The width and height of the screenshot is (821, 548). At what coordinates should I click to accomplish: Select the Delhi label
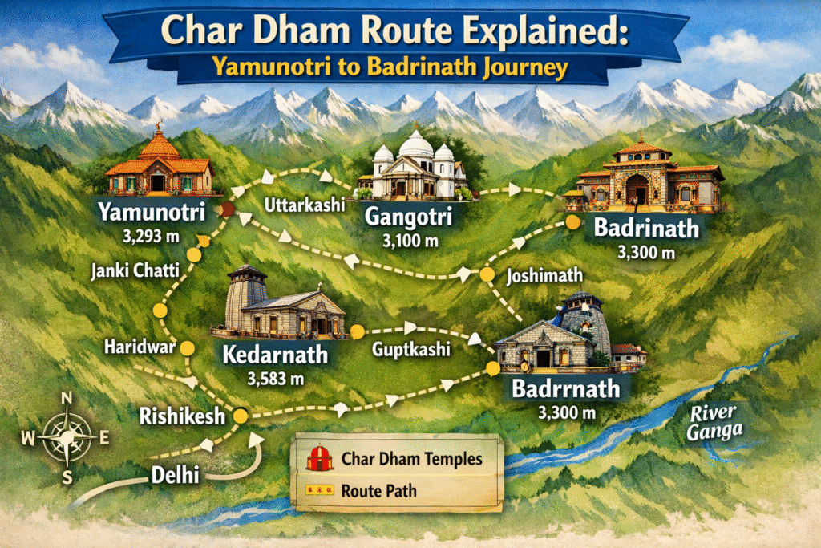point(176,475)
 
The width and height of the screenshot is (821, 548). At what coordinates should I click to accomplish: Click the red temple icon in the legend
point(319,459)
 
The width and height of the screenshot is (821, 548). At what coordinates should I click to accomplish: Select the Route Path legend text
point(379,490)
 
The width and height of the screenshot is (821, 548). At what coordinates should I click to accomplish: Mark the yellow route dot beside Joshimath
point(487,274)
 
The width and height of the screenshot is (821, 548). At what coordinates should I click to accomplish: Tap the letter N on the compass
point(67,400)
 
